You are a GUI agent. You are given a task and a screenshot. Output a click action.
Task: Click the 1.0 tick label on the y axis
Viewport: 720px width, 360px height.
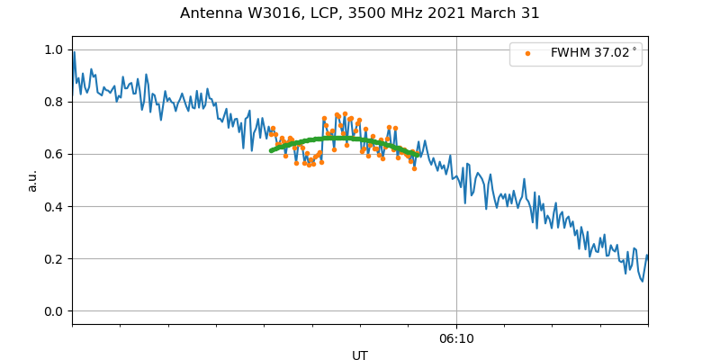[55, 49]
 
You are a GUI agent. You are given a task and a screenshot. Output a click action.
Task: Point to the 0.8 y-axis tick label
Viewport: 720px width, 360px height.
[55, 102]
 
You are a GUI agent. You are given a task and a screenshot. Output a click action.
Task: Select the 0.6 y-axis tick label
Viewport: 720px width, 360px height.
[55, 154]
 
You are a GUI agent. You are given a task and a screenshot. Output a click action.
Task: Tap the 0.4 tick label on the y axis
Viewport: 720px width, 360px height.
[55, 207]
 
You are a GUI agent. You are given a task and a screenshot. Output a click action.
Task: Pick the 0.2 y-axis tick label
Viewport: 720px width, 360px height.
[55, 259]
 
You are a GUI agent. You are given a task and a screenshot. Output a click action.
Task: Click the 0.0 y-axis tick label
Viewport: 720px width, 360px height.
[55, 311]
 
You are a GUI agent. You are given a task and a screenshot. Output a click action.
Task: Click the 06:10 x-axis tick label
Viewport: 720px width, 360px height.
[456, 338]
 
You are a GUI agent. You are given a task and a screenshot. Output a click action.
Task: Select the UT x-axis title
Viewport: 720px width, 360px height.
[360, 355]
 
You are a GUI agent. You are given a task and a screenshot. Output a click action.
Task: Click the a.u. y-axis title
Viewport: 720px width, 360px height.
[32, 180]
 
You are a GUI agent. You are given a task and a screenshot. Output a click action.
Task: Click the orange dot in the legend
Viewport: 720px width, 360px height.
[527, 53]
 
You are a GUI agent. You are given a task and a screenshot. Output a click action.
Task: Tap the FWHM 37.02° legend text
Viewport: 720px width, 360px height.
[593, 53]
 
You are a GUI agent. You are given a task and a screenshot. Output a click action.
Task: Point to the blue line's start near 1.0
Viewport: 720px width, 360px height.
[73, 52]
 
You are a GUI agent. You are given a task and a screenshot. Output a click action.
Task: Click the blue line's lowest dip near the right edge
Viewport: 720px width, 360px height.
[642, 282]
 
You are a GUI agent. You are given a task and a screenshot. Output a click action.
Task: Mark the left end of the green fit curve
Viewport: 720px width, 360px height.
[271, 150]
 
